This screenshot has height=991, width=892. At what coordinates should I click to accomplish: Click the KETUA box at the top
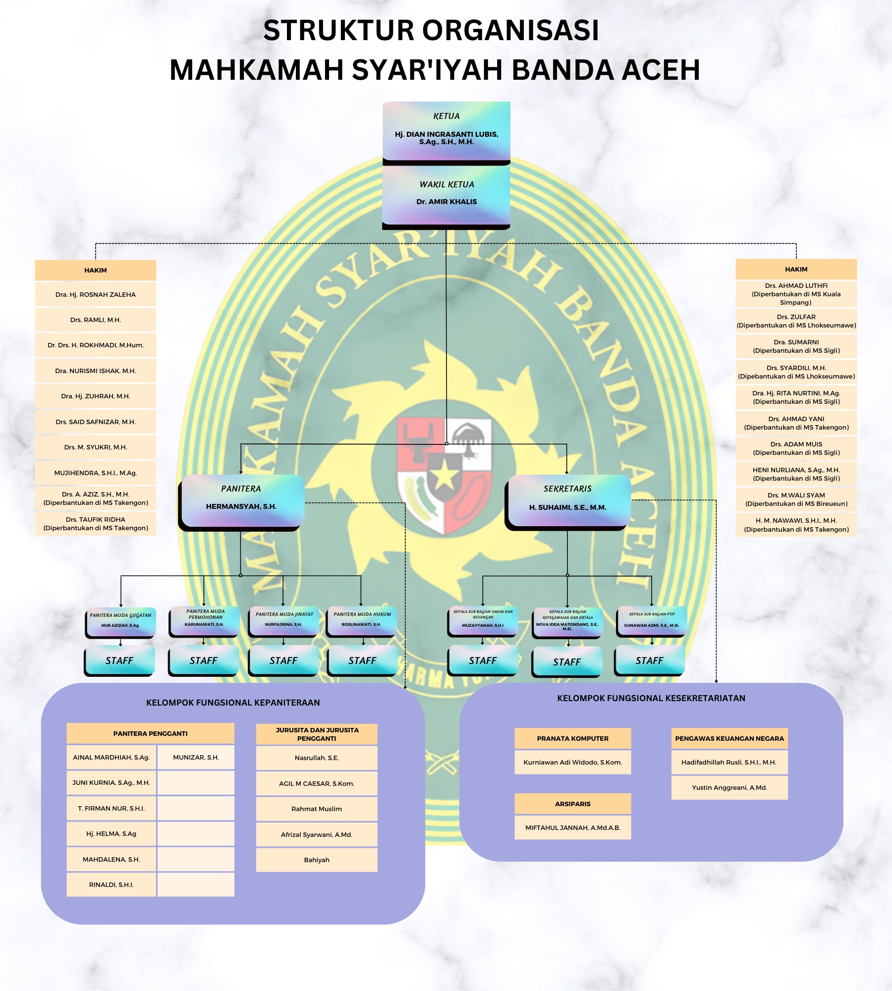(x=446, y=131)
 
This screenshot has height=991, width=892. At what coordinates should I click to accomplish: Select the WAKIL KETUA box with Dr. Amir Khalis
(x=446, y=195)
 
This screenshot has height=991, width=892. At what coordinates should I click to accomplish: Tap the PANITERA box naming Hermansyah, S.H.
(x=241, y=500)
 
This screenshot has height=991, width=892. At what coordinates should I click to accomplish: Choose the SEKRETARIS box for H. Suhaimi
(x=567, y=500)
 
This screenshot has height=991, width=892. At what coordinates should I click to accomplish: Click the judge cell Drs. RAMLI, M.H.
(x=96, y=320)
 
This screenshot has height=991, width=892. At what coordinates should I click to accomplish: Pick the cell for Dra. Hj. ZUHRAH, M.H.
(x=96, y=396)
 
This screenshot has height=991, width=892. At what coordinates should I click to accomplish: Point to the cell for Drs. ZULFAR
(x=796, y=321)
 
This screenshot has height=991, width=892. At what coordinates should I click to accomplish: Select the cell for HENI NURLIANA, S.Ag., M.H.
(x=796, y=474)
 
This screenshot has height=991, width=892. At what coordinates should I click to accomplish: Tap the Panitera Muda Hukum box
(x=362, y=621)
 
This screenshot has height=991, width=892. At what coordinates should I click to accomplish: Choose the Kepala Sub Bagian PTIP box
(x=652, y=621)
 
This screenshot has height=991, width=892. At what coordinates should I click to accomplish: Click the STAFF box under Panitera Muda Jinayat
(x=283, y=661)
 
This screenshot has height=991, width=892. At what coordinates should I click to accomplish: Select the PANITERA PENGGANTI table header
(x=150, y=733)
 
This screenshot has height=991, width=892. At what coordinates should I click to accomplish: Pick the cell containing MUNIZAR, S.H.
(x=196, y=757)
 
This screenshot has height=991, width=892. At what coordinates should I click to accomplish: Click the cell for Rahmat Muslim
(x=317, y=809)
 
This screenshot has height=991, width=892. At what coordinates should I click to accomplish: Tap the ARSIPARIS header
(x=573, y=804)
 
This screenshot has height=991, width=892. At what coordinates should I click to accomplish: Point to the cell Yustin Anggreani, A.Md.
(x=729, y=787)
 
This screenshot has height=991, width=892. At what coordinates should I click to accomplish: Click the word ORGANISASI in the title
(x=510, y=31)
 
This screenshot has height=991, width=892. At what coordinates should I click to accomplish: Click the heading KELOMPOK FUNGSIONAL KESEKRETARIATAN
(x=651, y=698)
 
